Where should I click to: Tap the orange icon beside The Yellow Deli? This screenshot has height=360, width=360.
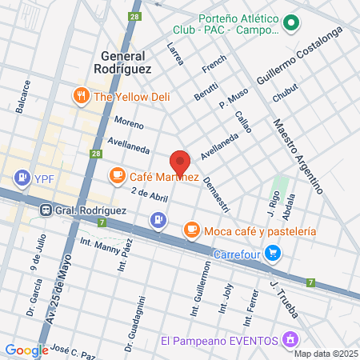tap(81, 98)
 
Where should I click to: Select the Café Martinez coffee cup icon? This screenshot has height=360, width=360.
tap(117, 174)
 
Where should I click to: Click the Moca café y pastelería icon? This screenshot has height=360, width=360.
tap(191, 230)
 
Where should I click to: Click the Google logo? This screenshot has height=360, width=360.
tap(26, 350)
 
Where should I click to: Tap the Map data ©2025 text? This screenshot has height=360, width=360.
tap(325, 354)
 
